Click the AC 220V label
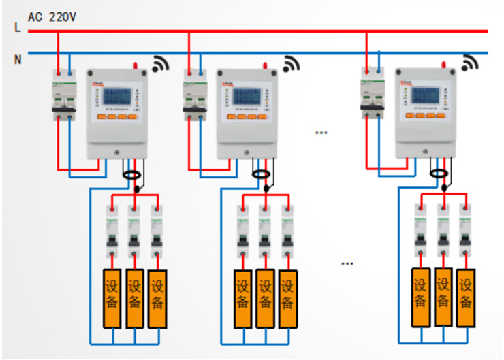point(52,15)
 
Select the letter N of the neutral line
point(18,59)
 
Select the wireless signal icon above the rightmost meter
point(470,63)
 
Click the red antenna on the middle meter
point(266,65)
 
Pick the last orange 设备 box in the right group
point(466,297)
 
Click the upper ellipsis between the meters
point(321,133)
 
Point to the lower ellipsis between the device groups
point(347,263)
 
